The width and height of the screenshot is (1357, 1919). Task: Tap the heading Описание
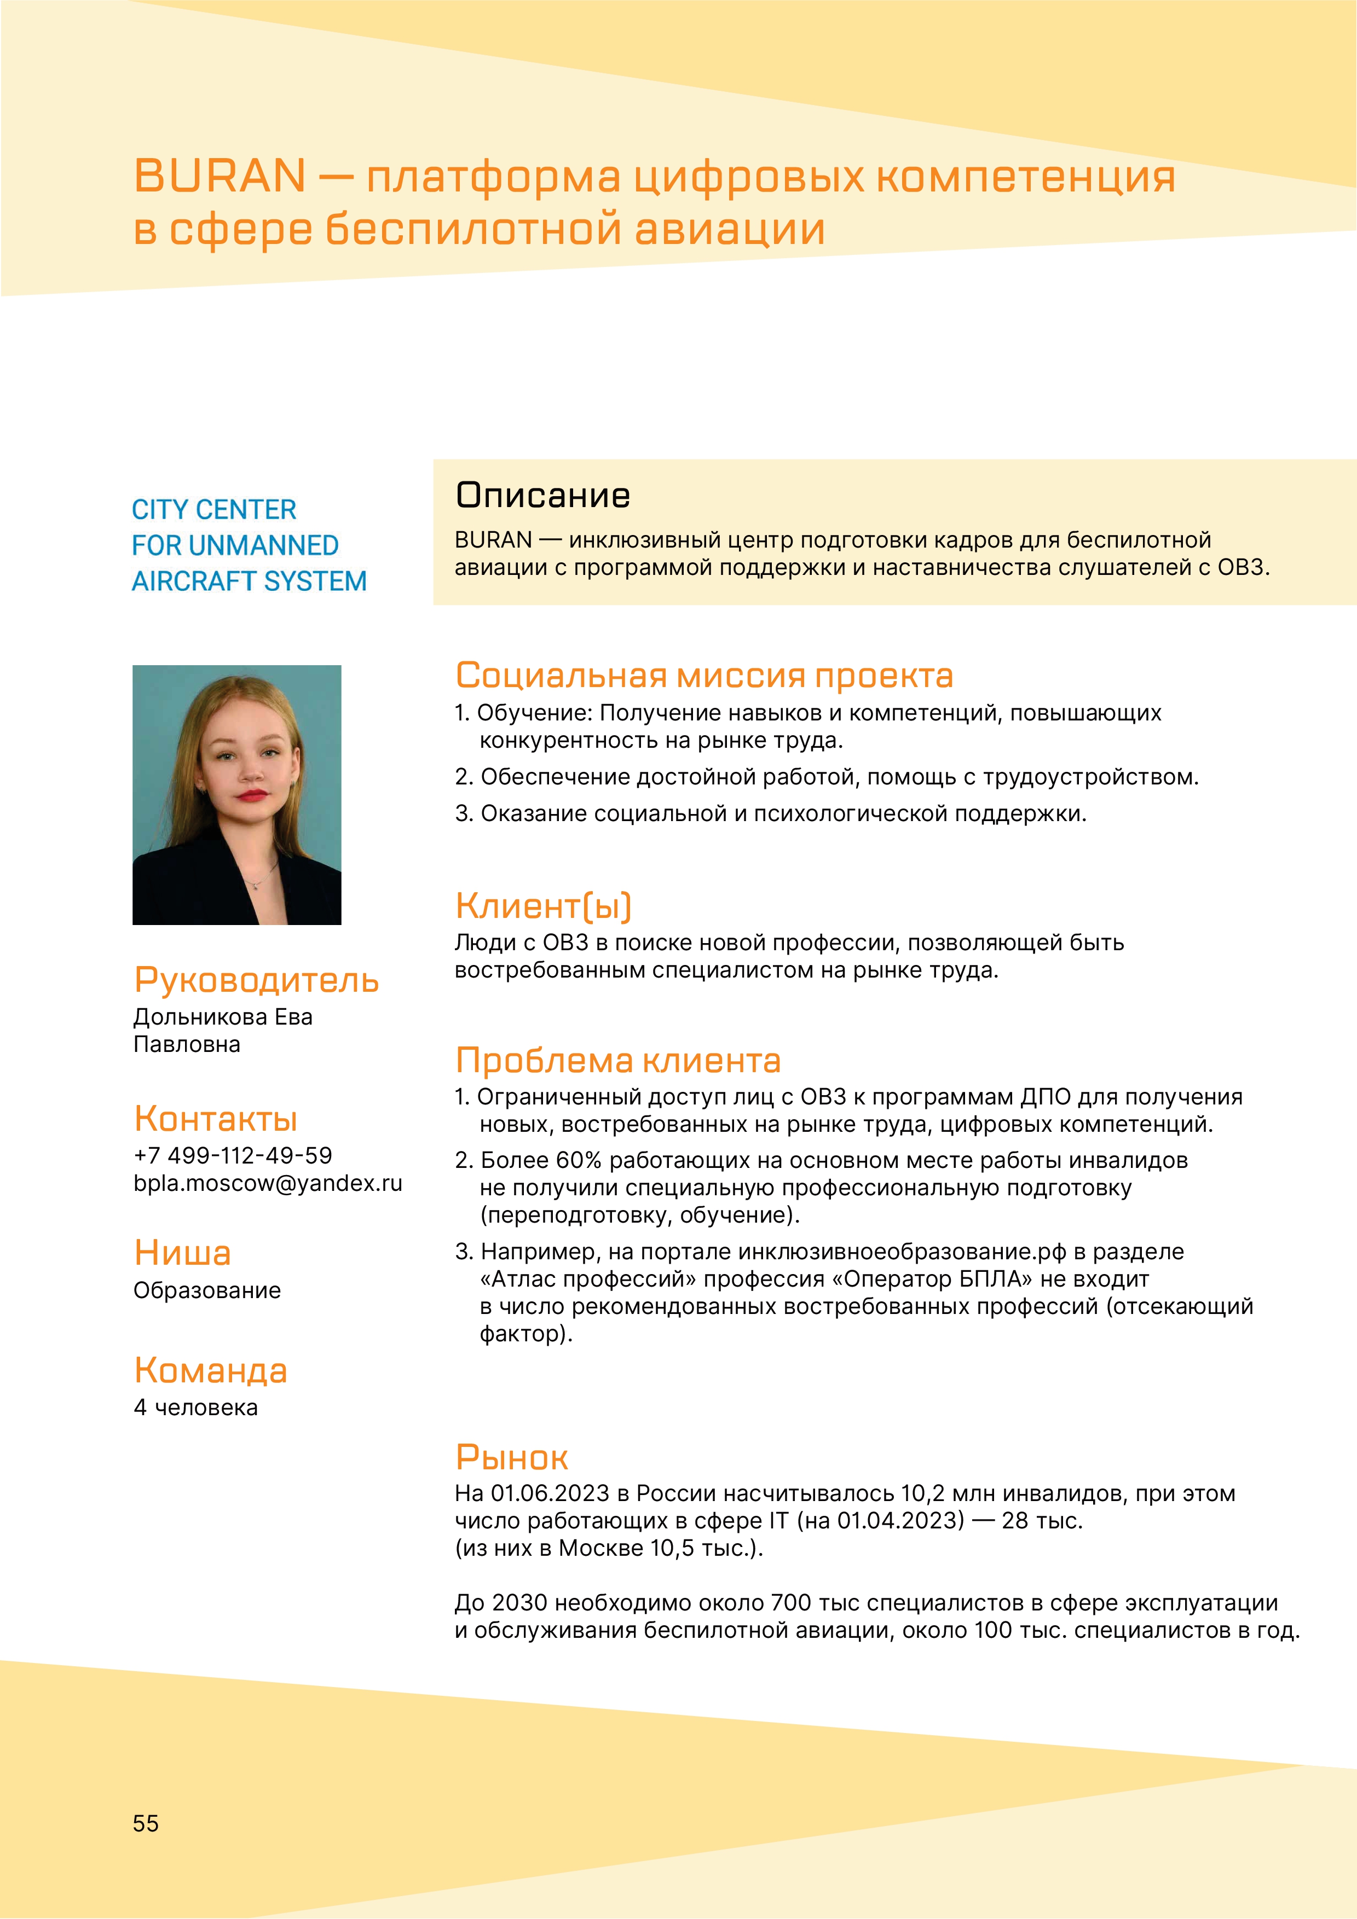[x=542, y=496]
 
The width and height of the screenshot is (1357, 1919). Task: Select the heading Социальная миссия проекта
[x=704, y=676]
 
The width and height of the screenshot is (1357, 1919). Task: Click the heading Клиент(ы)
[x=544, y=906]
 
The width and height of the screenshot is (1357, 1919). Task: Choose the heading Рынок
[x=512, y=1458]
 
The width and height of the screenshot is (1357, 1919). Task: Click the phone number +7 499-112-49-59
[x=233, y=1156]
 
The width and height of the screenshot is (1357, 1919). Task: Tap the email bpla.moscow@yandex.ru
[x=268, y=1183]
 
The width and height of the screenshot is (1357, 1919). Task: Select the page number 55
[x=146, y=1824]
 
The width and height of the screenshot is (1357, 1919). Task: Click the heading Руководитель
[x=256, y=980]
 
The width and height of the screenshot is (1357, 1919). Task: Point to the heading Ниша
[x=182, y=1253]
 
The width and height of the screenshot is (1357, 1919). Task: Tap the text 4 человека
[x=195, y=1408]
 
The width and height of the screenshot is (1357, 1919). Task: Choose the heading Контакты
[x=216, y=1119]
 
